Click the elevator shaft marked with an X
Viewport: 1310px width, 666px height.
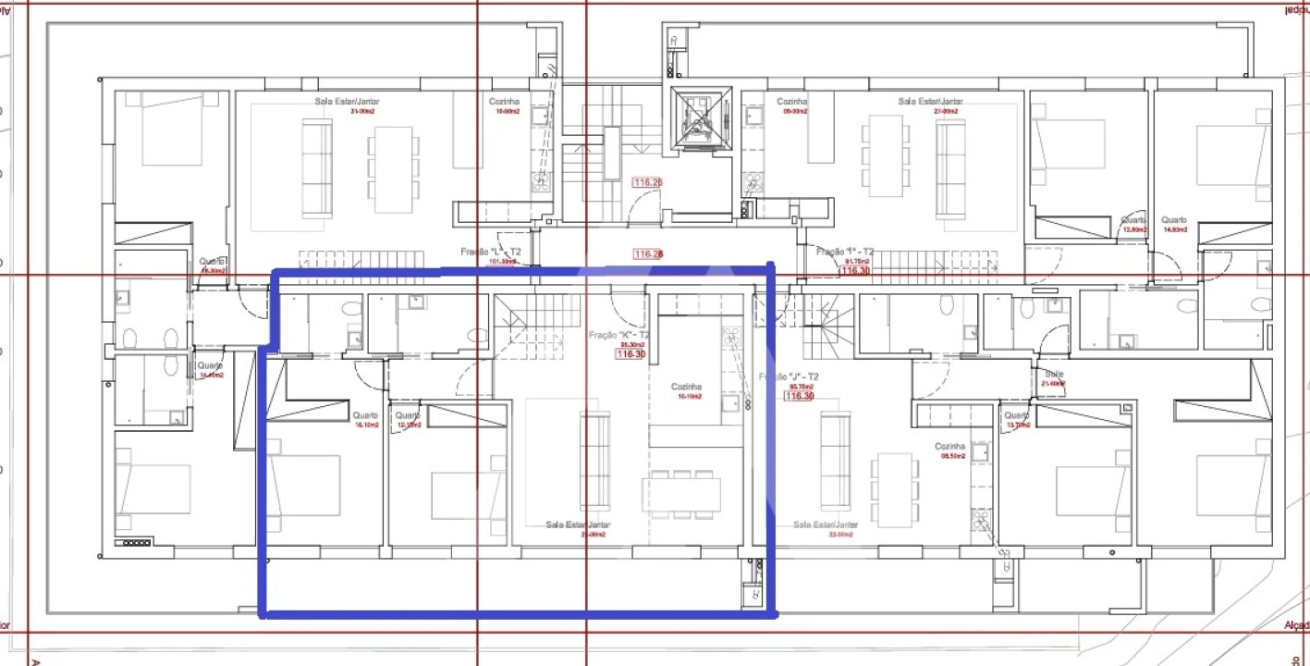point(700,117)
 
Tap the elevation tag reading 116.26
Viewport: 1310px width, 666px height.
point(646,183)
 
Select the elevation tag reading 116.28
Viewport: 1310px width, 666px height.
point(648,253)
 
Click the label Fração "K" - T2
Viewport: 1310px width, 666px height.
point(618,335)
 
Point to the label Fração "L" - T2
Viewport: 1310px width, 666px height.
point(491,252)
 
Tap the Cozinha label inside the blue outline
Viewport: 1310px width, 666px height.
point(686,387)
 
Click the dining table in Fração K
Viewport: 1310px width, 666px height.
point(681,494)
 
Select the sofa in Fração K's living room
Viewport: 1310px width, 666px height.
point(594,459)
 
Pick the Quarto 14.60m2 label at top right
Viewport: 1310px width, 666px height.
point(1174,220)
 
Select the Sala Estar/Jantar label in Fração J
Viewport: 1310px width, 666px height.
point(825,524)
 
